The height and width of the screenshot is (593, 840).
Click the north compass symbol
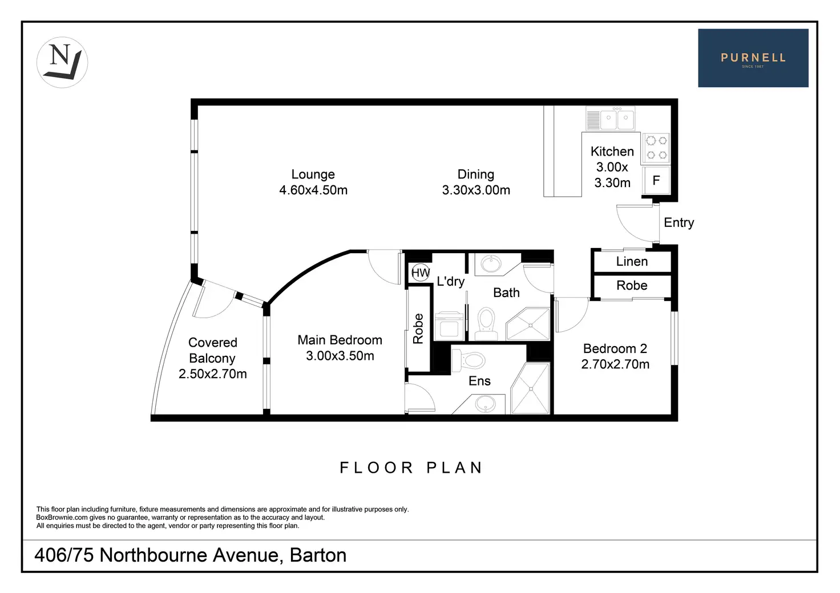pos(62,62)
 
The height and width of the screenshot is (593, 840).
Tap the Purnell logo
pos(753,58)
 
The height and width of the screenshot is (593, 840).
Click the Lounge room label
pos(313,174)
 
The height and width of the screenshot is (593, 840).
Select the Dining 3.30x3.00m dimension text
pos(476,190)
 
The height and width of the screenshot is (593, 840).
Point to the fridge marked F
pos(656,181)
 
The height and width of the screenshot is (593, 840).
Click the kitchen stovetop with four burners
pos(656,148)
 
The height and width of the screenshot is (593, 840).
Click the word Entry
pos(679,223)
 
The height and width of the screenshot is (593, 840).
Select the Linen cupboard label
pos(632,262)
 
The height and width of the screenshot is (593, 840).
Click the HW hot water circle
pos(421,273)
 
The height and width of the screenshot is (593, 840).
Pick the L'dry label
pos(450,281)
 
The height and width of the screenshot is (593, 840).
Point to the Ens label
pos(479,381)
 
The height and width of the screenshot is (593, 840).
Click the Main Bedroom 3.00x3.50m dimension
pos(340,356)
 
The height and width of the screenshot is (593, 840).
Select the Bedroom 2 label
pos(615,348)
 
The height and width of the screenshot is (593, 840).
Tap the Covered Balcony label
pos(212,350)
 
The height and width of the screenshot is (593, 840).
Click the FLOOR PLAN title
pos(411,468)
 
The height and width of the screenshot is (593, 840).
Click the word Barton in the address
pos(318,555)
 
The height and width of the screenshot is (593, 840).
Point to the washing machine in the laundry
pos(449,326)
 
